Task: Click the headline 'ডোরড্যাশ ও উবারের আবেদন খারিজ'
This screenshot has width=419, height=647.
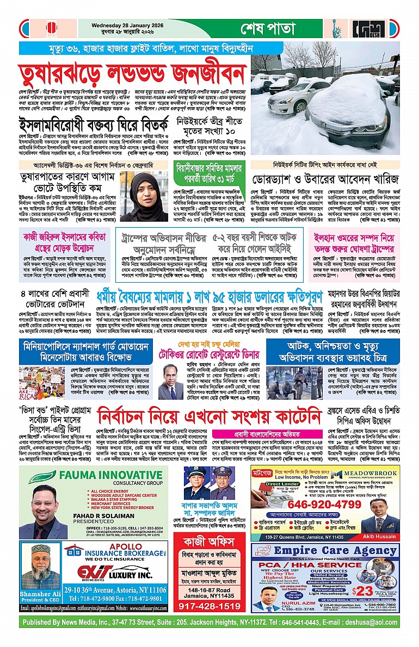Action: coord(325,179)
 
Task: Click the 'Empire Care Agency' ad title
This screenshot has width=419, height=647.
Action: coord(335,551)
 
